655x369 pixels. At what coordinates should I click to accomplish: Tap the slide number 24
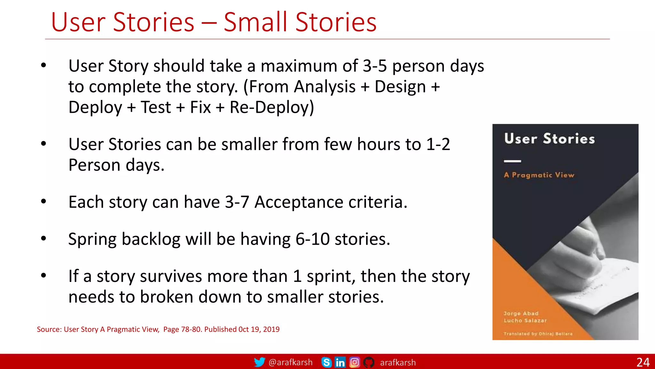pos(643,362)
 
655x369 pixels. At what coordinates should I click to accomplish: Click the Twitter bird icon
pos(259,362)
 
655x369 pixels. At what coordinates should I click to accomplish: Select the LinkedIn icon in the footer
pos(340,362)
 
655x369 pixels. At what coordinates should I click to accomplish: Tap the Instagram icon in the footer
pos(354,362)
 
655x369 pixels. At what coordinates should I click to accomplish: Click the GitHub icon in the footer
pos(369,362)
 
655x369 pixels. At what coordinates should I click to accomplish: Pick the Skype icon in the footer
pos(326,362)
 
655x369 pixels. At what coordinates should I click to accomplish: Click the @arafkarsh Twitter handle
pos(290,362)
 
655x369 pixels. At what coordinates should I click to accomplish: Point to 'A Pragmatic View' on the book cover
pos(539,175)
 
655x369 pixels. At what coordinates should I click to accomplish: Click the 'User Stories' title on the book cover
pos(549,139)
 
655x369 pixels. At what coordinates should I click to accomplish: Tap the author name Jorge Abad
pos(521,313)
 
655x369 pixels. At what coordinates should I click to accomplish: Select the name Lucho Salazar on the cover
pos(525,320)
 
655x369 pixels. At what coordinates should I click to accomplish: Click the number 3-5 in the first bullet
pos(375,66)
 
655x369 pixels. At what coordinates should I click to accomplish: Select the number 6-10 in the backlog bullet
pos(312,239)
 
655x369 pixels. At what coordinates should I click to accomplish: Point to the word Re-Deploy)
pos(272,107)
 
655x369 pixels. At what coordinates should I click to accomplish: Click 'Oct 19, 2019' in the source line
pos(259,329)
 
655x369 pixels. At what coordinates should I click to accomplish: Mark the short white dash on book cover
pos(512,161)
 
